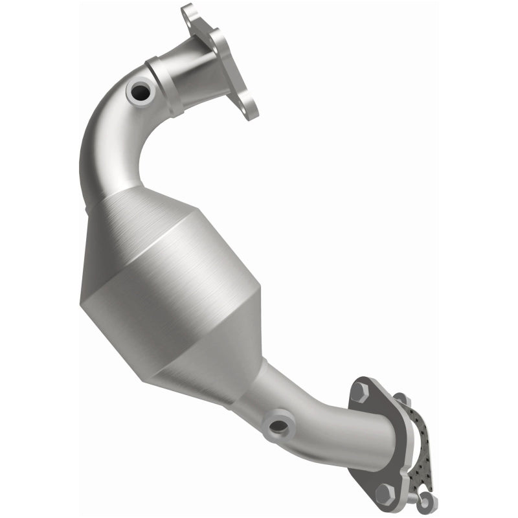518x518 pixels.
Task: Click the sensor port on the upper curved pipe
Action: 141,92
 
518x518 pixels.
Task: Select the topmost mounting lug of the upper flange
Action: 189,12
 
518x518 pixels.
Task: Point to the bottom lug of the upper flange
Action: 250,108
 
